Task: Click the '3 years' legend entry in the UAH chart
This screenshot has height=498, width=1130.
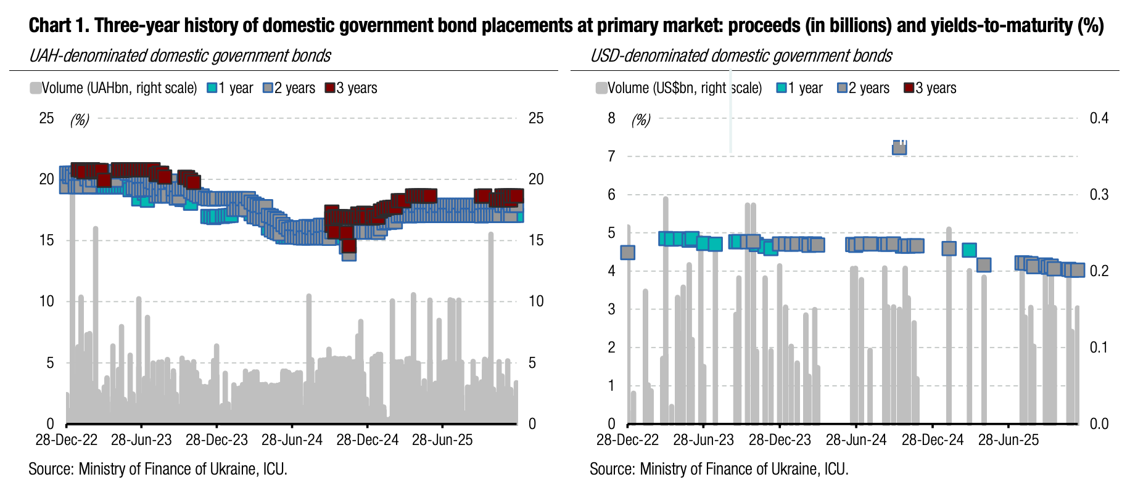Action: (x=352, y=88)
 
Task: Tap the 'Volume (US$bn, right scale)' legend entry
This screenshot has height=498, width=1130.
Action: (x=678, y=88)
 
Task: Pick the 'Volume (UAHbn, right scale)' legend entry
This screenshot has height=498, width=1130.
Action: (x=113, y=88)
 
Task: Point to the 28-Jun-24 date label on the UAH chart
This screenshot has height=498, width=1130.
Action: (x=292, y=440)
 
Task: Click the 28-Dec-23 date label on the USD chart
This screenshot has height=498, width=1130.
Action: (x=780, y=440)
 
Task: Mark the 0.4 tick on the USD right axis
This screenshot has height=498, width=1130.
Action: (x=1099, y=118)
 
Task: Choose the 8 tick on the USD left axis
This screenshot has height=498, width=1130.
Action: (x=611, y=118)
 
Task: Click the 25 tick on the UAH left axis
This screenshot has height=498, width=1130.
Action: (x=47, y=118)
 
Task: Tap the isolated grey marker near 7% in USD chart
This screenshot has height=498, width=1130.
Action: (x=899, y=148)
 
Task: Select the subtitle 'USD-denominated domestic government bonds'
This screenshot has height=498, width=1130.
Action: (x=741, y=56)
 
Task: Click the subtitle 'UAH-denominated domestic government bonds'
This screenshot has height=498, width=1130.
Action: (x=180, y=56)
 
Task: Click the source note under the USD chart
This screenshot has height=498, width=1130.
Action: (x=719, y=469)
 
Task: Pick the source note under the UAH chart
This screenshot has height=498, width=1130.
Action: (x=158, y=469)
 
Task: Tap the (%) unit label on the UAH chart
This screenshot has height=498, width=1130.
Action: (x=80, y=120)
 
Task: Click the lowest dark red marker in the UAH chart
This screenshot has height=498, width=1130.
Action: (x=349, y=247)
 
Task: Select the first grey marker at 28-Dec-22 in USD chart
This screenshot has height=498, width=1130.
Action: (x=627, y=252)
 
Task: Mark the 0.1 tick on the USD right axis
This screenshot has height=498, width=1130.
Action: (x=1099, y=347)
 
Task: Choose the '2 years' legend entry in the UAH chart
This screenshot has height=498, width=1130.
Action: (x=289, y=88)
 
